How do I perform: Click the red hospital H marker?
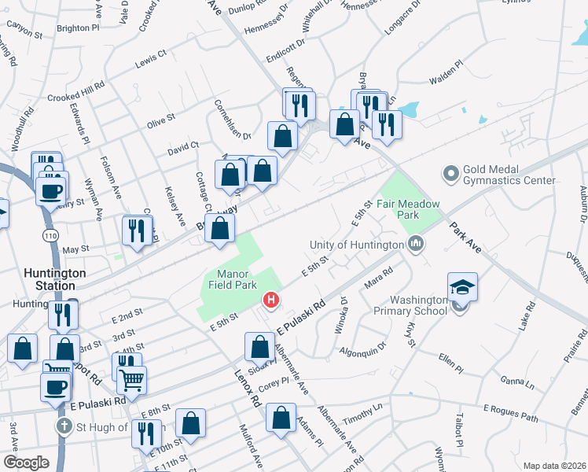click(x=271, y=300)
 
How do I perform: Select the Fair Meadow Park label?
click(x=407, y=208)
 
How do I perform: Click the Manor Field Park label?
click(x=233, y=279)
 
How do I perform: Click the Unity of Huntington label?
click(x=357, y=245)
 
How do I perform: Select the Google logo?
click(x=25, y=463)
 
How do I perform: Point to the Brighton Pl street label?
click(x=79, y=28)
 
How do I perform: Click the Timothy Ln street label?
click(x=361, y=414)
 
